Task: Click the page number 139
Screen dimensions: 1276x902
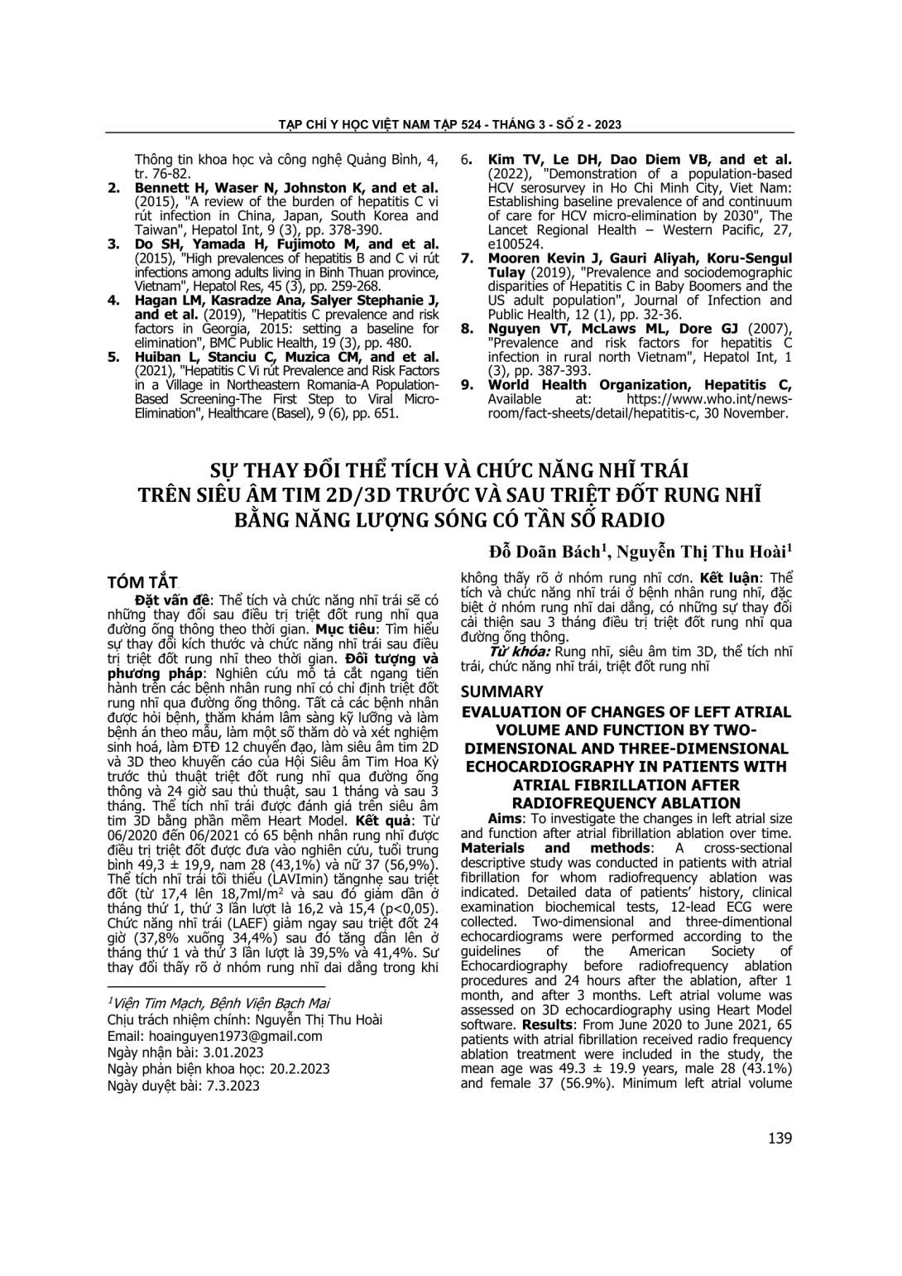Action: pyautogui.click(x=780, y=1139)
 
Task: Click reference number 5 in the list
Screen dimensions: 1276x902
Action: pyautogui.click(x=114, y=358)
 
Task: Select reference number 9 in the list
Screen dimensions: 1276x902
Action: pyautogui.click(x=468, y=385)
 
